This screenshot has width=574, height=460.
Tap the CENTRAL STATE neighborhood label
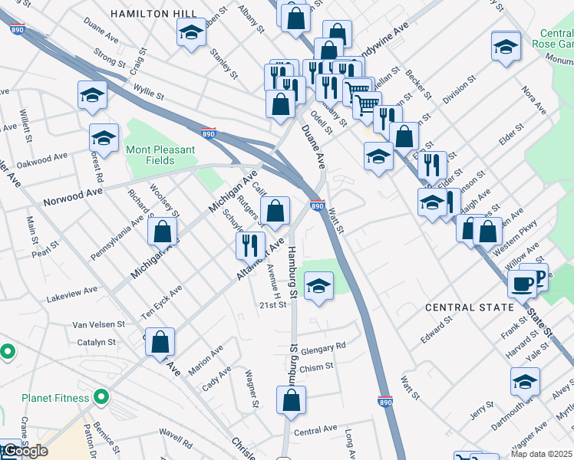click(x=470, y=307)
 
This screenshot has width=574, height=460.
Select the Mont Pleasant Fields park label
click(x=160, y=155)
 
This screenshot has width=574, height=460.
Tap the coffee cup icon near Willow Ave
click(x=522, y=283)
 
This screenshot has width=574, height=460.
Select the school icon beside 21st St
click(x=318, y=287)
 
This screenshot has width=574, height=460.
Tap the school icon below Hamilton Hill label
click(x=191, y=32)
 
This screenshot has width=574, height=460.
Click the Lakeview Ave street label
click(x=72, y=291)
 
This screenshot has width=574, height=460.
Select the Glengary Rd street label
click(x=323, y=347)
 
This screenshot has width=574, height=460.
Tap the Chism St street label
click(x=316, y=367)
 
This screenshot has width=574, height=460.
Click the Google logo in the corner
click(x=25, y=451)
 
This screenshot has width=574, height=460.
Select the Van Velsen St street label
click(x=98, y=325)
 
